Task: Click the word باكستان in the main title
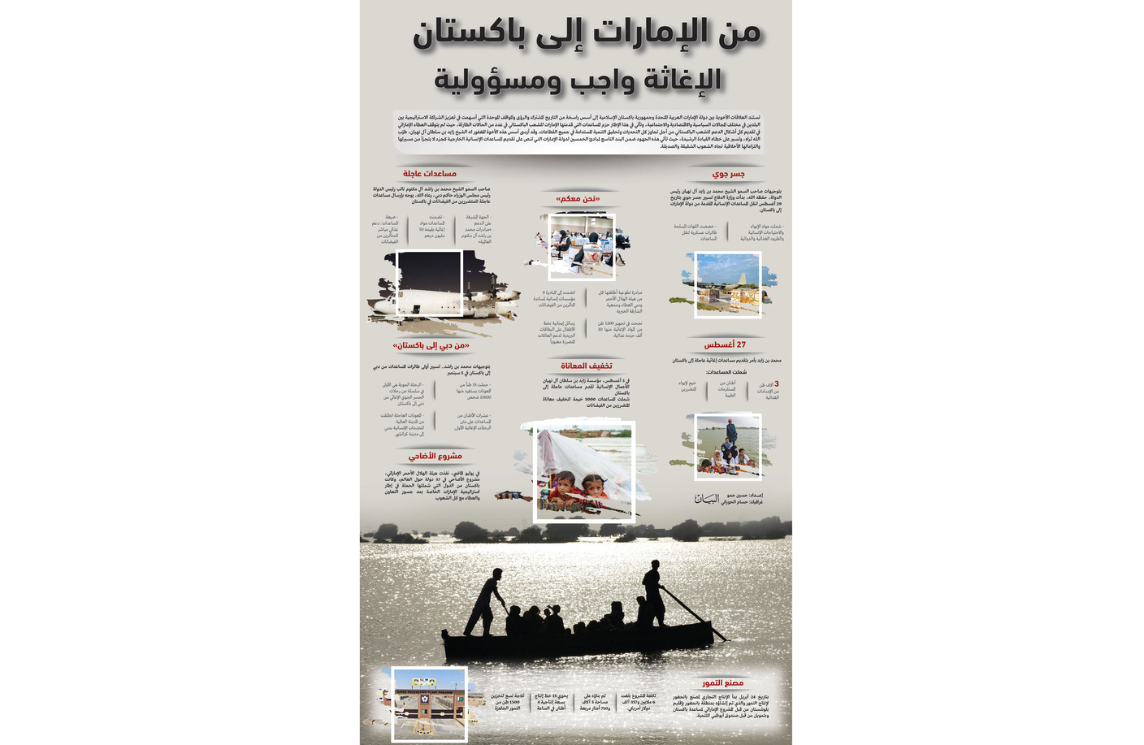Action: click(x=471, y=34)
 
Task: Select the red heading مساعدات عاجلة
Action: click(x=430, y=174)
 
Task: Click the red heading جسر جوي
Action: click(x=728, y=174)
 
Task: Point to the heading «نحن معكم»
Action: click(x=577, y=199)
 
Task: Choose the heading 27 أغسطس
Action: click(x=725, y=344)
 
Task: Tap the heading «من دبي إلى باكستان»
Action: click(x=431, y=346)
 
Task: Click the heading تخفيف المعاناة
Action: click(x=587, y=366)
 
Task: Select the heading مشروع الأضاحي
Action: click(x=435, y=457)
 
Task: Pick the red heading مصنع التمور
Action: click(x=722, y=683)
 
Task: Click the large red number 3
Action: click(x=776, y=383)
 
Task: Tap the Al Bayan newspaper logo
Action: click(x=707, y=499)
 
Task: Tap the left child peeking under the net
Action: click(x=562, y=486)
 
